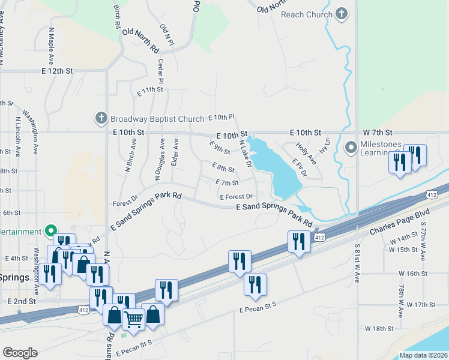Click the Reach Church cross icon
point(342,13)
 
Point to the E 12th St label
point(57,71)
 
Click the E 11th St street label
point(150,90)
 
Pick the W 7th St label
point(378,132)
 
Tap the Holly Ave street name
point(306,153)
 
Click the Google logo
point(20,353)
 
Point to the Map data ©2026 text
point(423,355)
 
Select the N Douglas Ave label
point(159,159)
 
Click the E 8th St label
point(223,169)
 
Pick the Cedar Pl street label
point(160,71)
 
